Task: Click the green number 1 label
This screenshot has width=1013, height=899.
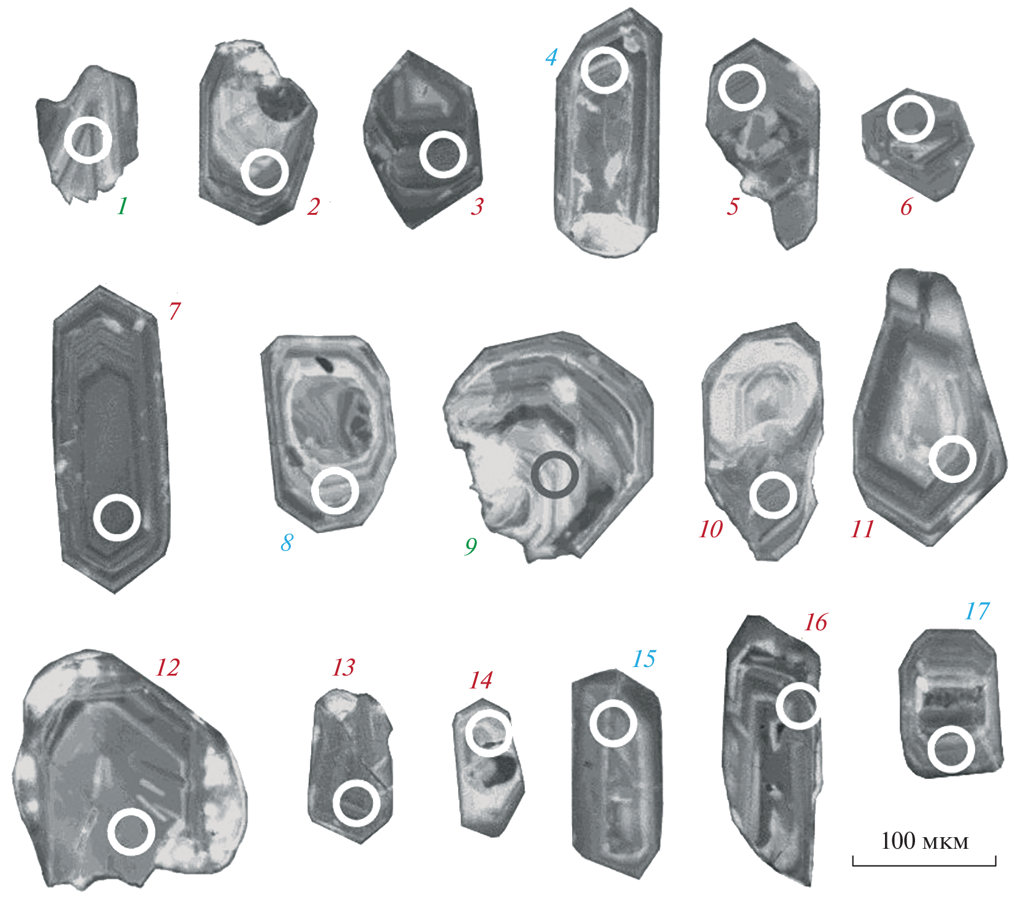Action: coord(122,206)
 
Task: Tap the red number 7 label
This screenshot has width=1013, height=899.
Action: coord(175,311)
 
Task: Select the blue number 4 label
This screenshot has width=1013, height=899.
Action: coord(551,58)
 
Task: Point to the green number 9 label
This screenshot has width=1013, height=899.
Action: coord(470,546)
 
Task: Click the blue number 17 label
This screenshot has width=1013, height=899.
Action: coord(976,611)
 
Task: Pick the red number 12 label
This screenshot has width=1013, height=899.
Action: coord(167,667)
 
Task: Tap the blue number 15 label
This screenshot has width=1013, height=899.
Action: coord(644,659)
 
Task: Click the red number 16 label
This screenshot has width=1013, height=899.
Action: coord(815,622)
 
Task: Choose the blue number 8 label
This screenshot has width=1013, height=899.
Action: coord(287,542)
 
